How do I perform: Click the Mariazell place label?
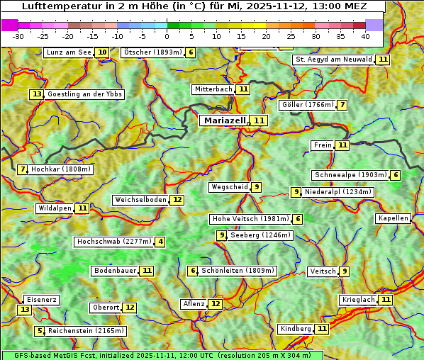pyautogui.click(x=225, y=120)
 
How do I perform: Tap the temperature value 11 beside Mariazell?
pyautogui.click(x=260, y=121)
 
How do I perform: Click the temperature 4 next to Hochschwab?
pyautogui.click(x=161, y=242)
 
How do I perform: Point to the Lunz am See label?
pyautogui.click(x=69, y=52)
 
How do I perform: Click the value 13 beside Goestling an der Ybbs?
pyautogui.click(x=37, y=94)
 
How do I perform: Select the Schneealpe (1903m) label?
pyautogui.click(x=350, y=175)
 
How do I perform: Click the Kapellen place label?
pyautogui.click(x=393, y=218)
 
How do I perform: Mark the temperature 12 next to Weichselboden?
pyautogui.click(x=177, y=200)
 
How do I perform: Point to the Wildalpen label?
pyautogui.click(x=55, y=208)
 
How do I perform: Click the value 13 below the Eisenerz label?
pyautogui.click(x=25, y=310)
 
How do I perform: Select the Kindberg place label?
pyautogui.click(x=295, y=329)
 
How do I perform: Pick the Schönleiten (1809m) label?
pyautogui.click(x=238, y=271)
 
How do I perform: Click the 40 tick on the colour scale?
pyautogui.click(x=365, y=35)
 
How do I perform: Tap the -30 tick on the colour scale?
pyautogui.click(x=18, y=35)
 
